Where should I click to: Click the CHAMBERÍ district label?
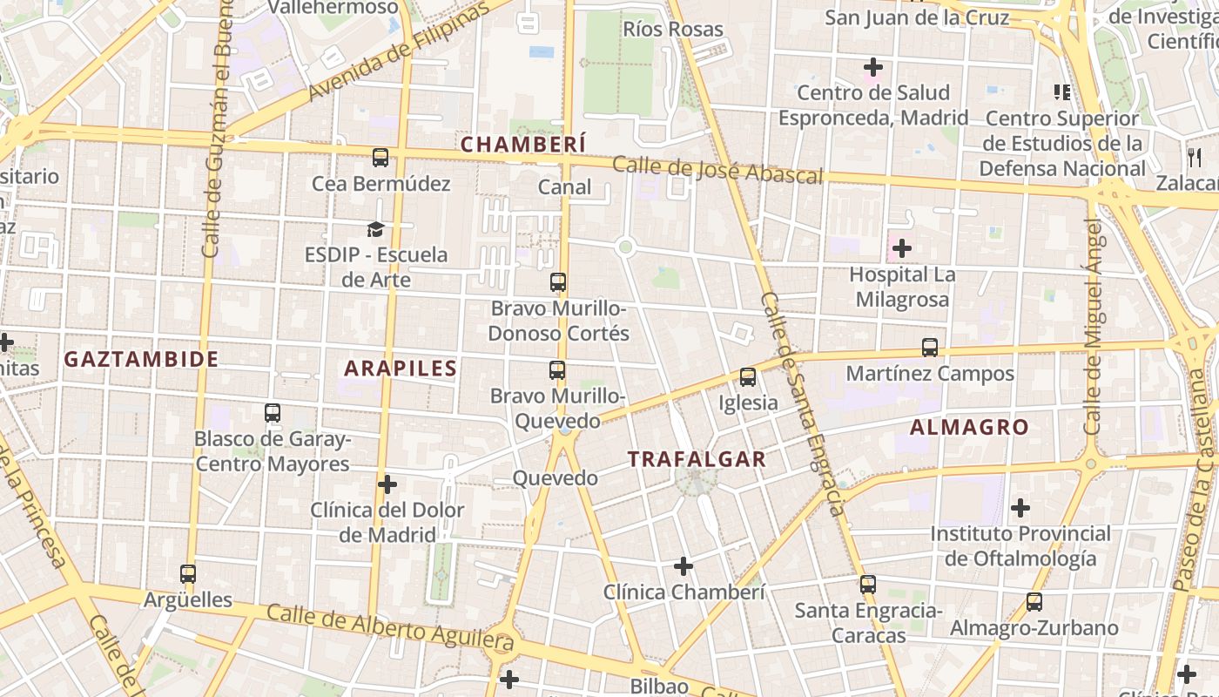522,144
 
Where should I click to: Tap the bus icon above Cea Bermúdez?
381,158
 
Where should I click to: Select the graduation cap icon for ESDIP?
375,229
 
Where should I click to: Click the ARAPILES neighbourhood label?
401,369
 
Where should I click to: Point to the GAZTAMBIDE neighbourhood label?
141,359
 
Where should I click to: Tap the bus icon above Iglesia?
748,377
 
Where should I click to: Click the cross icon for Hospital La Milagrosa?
902,248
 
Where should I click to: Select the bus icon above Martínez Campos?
930,348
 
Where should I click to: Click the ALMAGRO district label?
969,428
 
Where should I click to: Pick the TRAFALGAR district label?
697,459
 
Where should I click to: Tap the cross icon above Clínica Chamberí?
684,567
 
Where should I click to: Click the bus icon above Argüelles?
188,574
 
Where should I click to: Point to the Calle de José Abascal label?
717,170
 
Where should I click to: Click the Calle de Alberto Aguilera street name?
390,627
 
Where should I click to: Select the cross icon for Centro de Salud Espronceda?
872,66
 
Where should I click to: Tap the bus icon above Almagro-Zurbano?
1034,602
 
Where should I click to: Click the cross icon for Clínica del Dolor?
387,484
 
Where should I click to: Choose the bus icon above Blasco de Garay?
273,413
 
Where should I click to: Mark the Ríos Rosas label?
673,29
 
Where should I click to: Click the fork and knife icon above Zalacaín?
1194,158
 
